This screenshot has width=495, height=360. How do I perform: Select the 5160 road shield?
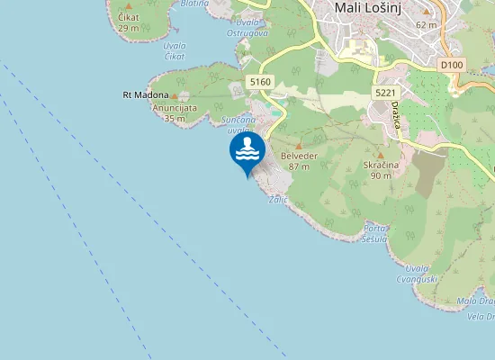click(x=261, y=82)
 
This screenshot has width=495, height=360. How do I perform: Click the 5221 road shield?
click(x=384, y=93)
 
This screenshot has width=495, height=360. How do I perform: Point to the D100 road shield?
click(x=452, y=66)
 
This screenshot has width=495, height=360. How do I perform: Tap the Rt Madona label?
click(x=145, y=94)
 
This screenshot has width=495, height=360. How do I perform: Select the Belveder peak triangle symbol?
click(x=299, y=145)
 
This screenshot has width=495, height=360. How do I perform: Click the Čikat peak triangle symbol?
click(x=128, y=5)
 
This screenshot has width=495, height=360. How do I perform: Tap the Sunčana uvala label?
click(x=240, y=124)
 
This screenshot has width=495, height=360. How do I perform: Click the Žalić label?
click(x=277, y=200)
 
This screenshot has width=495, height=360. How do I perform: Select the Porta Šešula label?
click(x=375, y=234)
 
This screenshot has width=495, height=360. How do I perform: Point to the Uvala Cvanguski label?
click(x=416, y=274)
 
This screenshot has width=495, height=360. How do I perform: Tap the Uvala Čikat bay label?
click(x=175, y=51)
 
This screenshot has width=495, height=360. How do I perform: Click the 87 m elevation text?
click(x=299, y=166)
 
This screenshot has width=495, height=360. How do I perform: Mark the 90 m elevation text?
click(x=380, y=175)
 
